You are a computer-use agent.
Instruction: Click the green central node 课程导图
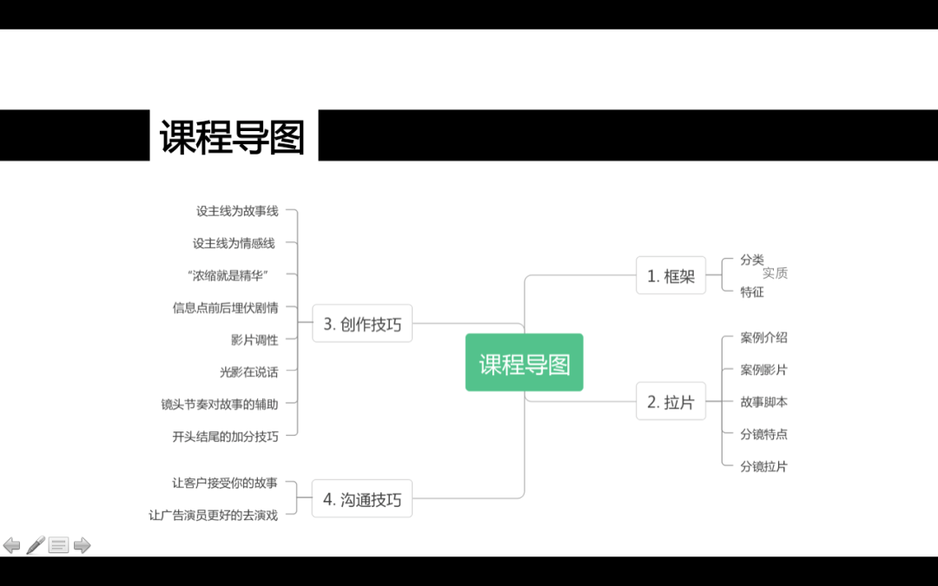click(x=524, y=363)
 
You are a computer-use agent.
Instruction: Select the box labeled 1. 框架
click(x=670, y=276)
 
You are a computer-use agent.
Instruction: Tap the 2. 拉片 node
click(x=670, y=402)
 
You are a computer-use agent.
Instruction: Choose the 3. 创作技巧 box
click(x=362, y=324)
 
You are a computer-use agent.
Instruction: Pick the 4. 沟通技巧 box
click(x=362, y=499)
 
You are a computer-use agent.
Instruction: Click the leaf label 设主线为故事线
click(x=237, y=211)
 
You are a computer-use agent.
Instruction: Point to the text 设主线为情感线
click(x=234, y=243)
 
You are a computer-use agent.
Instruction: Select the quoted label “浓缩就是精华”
click(x=228, y=275)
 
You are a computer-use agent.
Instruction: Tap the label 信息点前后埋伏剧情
click(x=226, y=307)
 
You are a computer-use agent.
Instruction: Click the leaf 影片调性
click(x=254, y=339)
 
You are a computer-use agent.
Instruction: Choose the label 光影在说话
click(x=249, y=372)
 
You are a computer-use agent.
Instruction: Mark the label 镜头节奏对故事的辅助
click(x=220, y=404)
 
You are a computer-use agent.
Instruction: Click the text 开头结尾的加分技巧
click(x=226, y=436)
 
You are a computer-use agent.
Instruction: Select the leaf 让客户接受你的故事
click(x=225, y=483)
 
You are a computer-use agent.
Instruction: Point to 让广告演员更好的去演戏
click(x=214, y=515)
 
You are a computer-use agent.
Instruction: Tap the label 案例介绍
click(x=763, y=338)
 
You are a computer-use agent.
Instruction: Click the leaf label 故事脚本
click(x=763, y=402)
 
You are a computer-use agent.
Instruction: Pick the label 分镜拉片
click(x=763, y=466)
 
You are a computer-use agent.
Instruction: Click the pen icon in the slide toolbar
click(x=36, y=545)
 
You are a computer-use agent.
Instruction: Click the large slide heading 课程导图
click(x=233, y=137)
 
